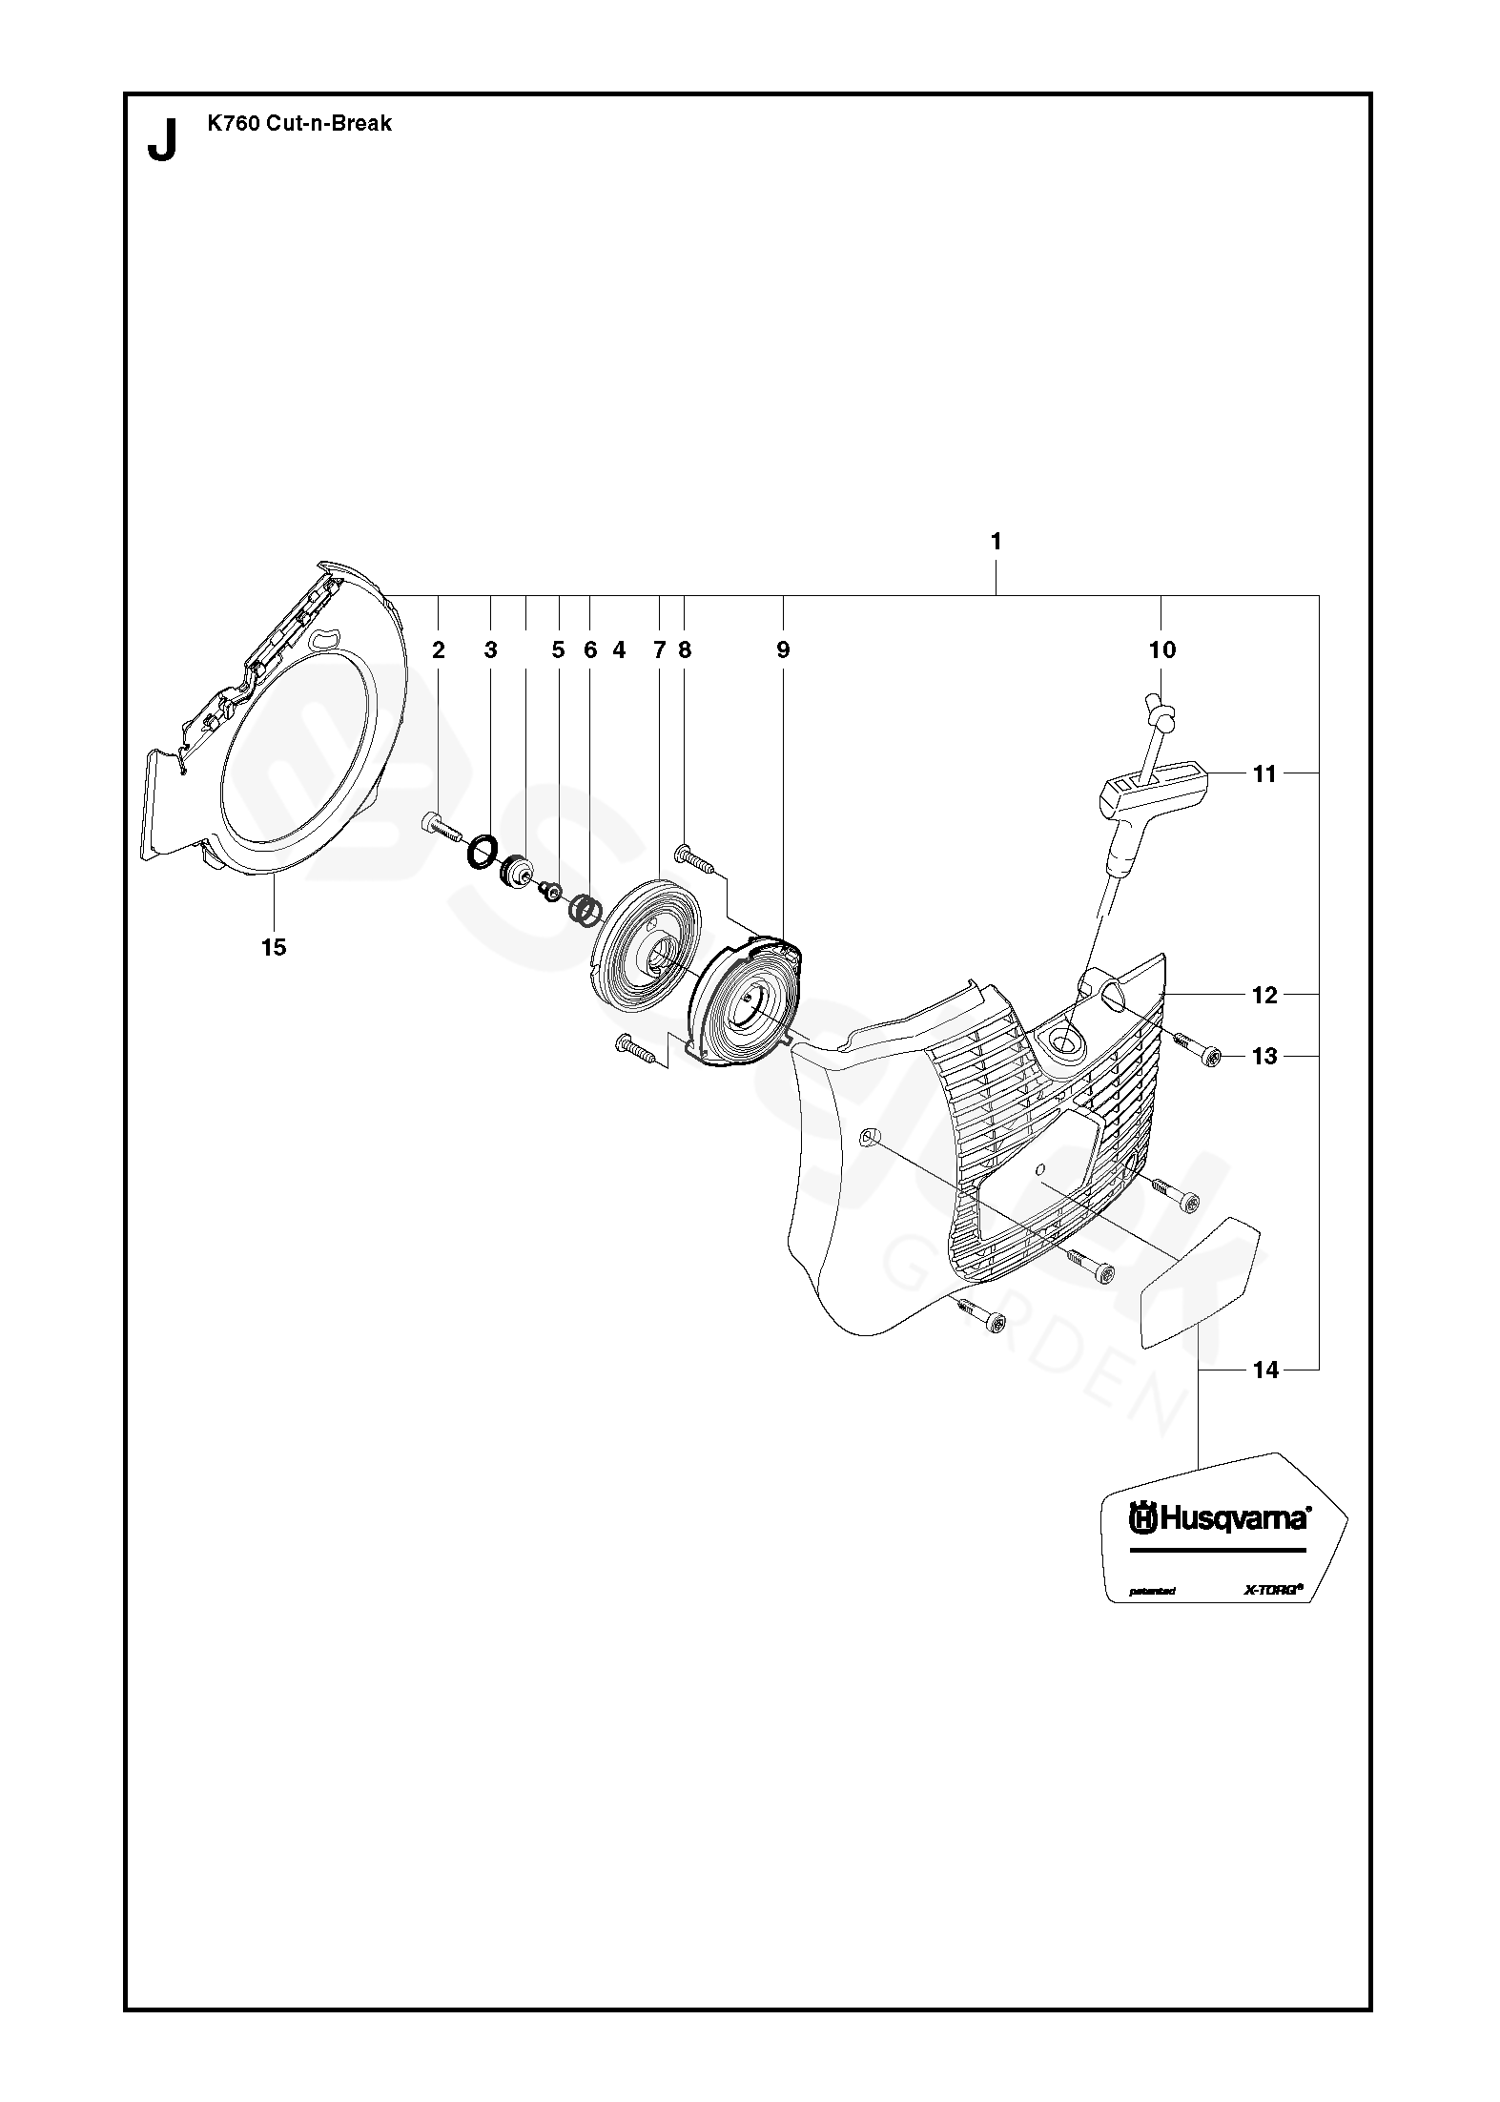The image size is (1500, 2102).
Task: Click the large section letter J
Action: click(x=163, y=140)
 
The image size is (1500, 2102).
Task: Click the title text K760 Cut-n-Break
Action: click(x=299, y=123)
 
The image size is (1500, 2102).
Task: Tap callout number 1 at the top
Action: click(x=996, y=542)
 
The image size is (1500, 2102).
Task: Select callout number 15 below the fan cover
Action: click(x=274, y=947)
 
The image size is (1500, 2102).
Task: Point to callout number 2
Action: click(x=439, y=650)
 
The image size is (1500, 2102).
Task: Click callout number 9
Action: click(x=783, y=650)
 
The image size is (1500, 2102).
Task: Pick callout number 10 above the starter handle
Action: click(x=1162, y=650)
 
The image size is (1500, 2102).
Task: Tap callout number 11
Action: click(x=1264, y=773)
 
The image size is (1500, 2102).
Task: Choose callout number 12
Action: click(x=1264, y=995)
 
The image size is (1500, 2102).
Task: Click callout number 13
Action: click(x=1264, y=1056)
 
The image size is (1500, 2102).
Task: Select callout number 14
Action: click(x=1264, y=1370)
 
